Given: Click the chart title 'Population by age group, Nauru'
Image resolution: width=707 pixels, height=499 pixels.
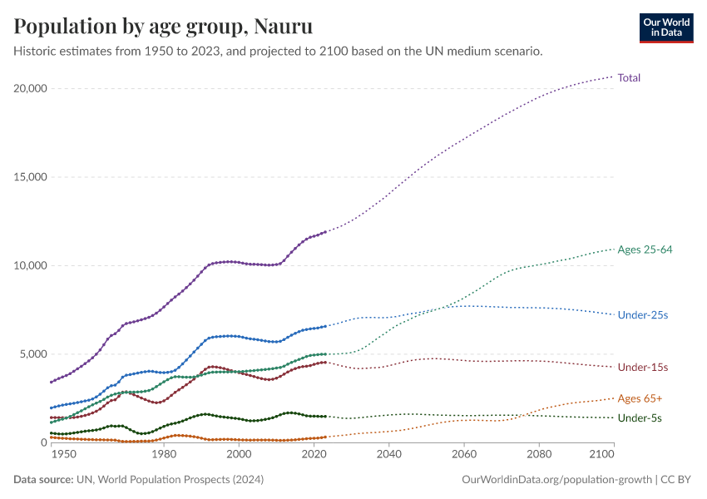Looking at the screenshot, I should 163,27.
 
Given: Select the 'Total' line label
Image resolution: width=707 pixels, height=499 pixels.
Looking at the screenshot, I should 629,77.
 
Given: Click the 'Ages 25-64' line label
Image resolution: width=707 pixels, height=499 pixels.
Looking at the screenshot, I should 645,249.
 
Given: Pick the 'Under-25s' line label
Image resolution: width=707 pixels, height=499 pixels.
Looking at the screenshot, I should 643,315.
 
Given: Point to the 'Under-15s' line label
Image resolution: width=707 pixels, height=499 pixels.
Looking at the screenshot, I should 643,367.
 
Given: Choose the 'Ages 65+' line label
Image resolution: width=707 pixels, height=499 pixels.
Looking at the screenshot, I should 640,398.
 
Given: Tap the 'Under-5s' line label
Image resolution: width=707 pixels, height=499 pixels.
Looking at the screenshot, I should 640,417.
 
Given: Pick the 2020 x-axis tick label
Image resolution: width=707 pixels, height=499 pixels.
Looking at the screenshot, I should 314,456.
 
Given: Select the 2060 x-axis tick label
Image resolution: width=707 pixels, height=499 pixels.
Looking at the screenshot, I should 464,456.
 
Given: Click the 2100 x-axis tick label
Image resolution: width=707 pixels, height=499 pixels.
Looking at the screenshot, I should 601,456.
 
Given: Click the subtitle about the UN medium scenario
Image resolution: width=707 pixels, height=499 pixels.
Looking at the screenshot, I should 279,52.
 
